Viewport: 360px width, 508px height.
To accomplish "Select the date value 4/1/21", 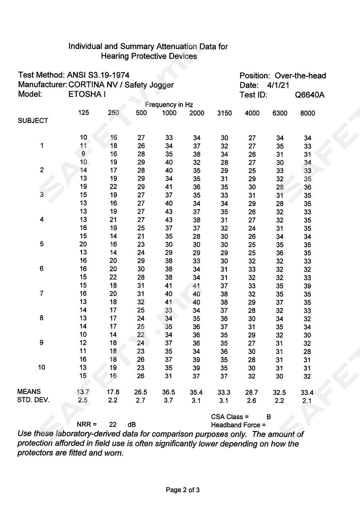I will tap(278, 85).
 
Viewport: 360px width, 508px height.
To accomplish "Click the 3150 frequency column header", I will tap(224, 113).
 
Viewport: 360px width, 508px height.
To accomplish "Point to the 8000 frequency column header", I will tap(307, 113).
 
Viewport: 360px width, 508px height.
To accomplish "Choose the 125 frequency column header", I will tap(83, 113).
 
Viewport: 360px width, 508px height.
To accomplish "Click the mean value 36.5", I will tap(168, 392).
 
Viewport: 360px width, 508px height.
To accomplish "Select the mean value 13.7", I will tap(83, 392).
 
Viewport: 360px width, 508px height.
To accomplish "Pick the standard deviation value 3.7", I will tap(168, 400).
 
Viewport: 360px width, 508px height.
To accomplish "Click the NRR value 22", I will tap(112, 424).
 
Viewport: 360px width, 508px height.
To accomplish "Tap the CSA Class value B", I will tap(269, 417).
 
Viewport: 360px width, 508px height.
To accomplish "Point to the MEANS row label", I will tap(29, 392).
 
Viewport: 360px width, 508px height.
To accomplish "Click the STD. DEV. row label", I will tap(34, 400).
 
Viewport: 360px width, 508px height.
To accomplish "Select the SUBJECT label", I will tap(33, 121).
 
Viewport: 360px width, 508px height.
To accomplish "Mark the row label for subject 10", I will tap(42, 367).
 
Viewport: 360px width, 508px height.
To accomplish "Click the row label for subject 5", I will tap(42, 244).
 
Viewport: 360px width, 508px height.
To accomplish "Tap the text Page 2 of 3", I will tap(183, 490).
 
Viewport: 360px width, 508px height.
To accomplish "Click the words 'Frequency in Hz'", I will tap(169, 105).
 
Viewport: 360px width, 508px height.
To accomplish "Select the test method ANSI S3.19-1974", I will tap(98, 75).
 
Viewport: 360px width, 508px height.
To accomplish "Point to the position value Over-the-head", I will tap(300, 76).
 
